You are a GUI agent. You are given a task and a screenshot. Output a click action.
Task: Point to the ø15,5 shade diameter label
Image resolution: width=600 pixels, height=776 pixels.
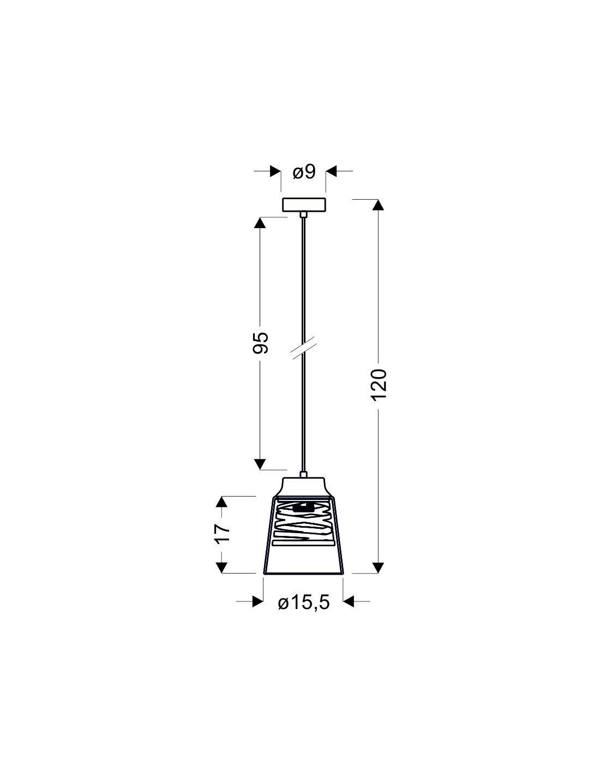click(304, 603)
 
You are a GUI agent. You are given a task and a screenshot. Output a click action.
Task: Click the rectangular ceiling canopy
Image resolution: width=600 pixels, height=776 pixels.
click(304, 205)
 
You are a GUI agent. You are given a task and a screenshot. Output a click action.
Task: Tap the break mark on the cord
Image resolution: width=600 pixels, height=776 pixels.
click(303, 347)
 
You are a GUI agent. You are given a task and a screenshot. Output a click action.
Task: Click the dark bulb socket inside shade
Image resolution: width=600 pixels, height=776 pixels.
click(303, 507)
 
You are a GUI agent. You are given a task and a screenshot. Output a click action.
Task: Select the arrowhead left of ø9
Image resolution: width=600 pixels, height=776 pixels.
click(275, 171)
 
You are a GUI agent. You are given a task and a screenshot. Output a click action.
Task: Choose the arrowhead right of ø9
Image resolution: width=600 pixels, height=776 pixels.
click(332, 171)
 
